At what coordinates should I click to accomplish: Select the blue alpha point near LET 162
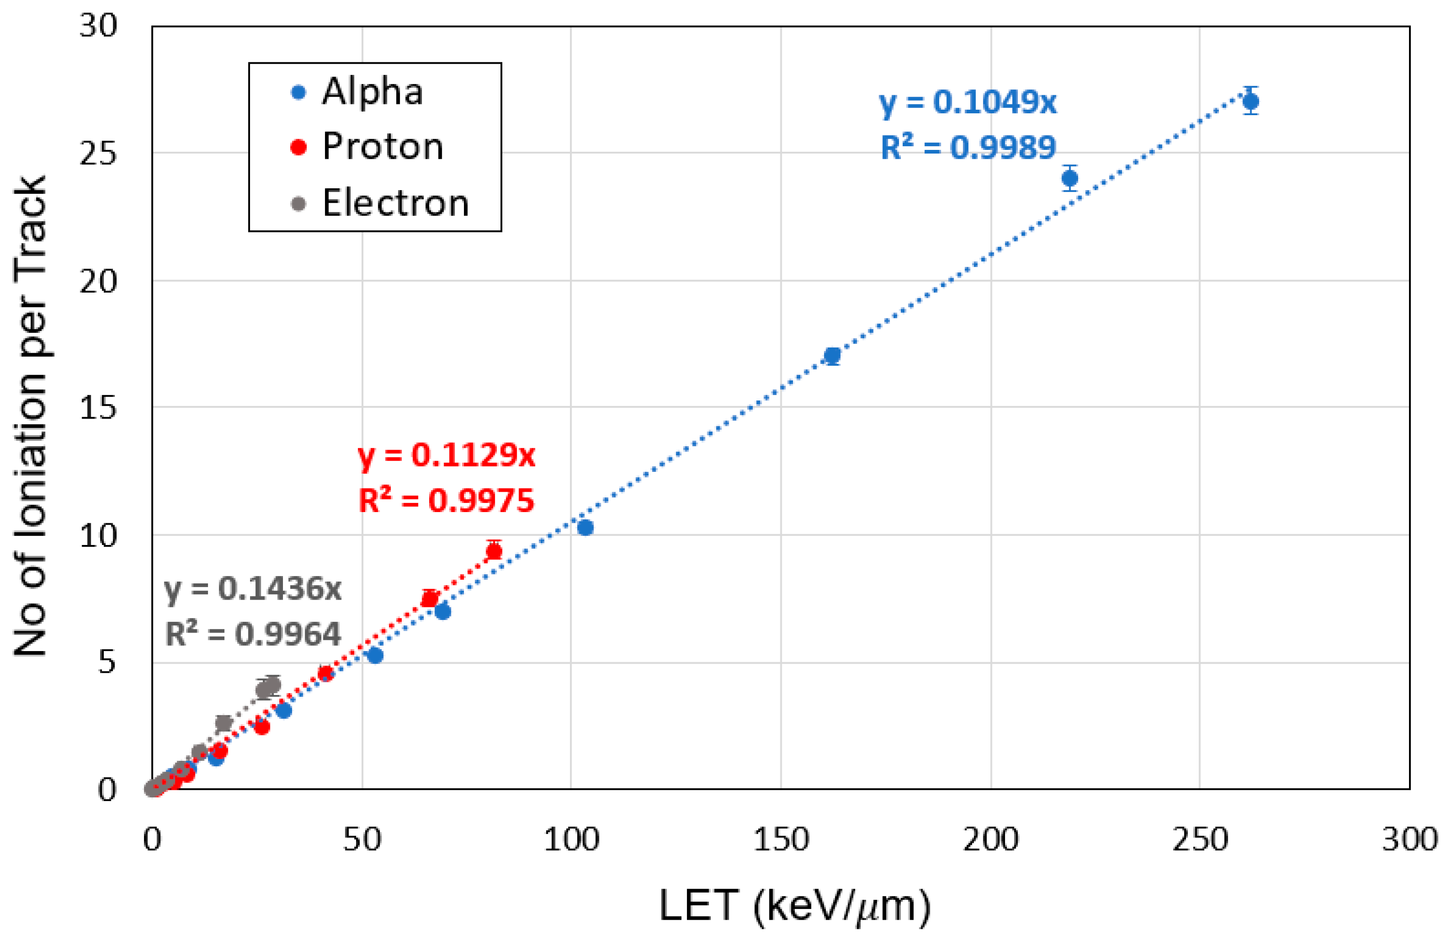click(x=832, y=355)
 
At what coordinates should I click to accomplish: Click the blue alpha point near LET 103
click(x=585, y=527)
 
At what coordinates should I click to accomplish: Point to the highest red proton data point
click(x=494, y=551)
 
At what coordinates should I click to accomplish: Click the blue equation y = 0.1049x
click(x=968, y=102)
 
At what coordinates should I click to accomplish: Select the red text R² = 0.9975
click(x=446, y=501)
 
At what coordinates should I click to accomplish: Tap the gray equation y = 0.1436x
click(x=253, y=588)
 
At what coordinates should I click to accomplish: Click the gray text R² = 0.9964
click(x=253, y=634)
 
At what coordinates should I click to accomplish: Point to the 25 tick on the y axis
click(x=98, y=154)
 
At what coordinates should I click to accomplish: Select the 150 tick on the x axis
click(x=781, y=840)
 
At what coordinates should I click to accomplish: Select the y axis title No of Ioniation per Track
click(x=30, y=416)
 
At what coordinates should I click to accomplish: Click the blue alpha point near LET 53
click(x=375, y=655)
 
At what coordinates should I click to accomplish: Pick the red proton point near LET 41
click(x=326, y=673)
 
